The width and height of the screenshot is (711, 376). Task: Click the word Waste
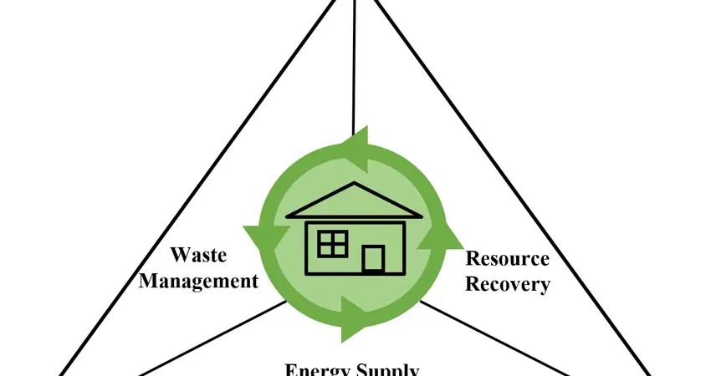(x=198, y=254)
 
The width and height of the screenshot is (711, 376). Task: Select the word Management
(x=198, y=281)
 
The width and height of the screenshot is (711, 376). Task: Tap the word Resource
(x=507, y=258)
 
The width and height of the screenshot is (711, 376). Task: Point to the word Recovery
(x=507, y=284)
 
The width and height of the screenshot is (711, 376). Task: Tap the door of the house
(x=373, y=258)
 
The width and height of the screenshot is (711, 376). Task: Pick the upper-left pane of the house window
(x=325, y=237)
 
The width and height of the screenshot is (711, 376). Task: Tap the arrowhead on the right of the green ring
(x=441, y=240)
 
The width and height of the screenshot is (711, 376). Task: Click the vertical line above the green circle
(x=355, y=67)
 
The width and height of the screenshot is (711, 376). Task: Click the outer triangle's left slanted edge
(x=167, y=192)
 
